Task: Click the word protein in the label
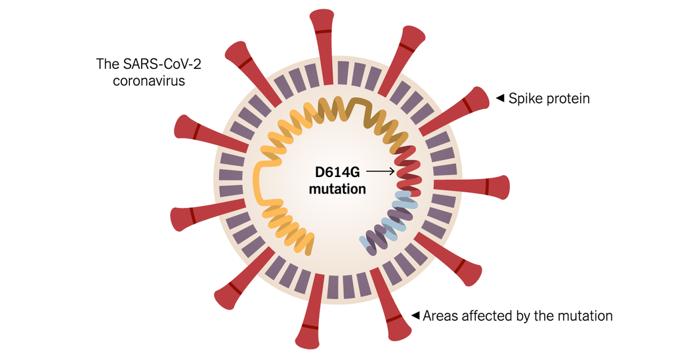[567, 99]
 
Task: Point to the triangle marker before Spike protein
[500, 98]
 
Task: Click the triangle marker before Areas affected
[415, 315]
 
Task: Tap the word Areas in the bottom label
[441, 315]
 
